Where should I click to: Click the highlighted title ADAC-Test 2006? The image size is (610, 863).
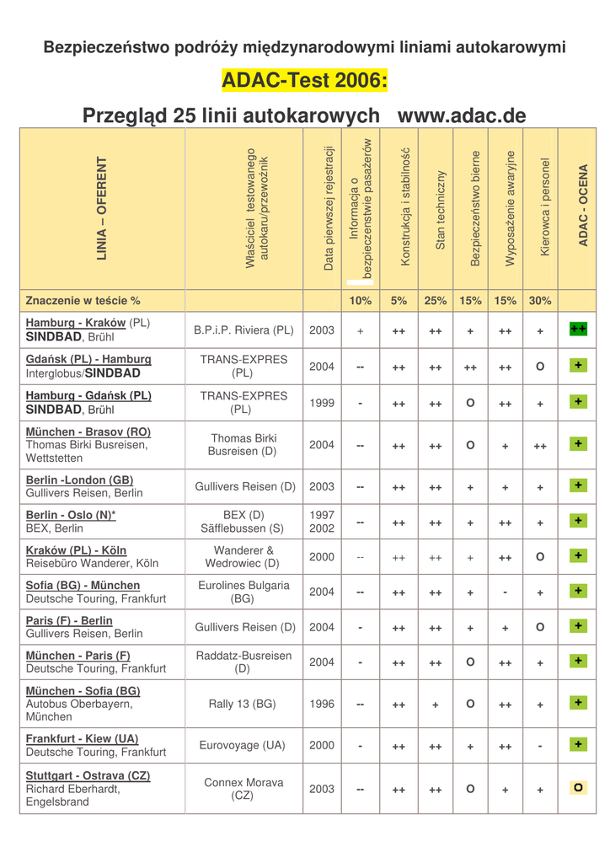(304, 81)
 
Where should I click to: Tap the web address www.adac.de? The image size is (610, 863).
(461, 115)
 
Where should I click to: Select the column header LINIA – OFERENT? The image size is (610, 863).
(102, 208)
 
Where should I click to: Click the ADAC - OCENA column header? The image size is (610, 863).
(583, 206)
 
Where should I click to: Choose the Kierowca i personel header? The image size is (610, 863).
(545, 207)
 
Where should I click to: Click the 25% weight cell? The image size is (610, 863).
(436, 300)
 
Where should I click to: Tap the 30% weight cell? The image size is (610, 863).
(540, 300)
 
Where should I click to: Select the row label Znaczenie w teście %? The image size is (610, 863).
(83, 300)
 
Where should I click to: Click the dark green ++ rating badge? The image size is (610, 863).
(578, 329)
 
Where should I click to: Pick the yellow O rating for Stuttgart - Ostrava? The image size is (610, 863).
(578, 787)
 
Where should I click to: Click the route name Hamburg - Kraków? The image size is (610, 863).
(76, 323)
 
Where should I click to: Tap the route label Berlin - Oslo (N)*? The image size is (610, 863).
(71, 515)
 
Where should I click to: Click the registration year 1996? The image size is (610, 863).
(322, 704)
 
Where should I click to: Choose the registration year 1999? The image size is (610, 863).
(322, 403)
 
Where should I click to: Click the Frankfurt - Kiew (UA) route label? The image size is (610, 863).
(83, 738)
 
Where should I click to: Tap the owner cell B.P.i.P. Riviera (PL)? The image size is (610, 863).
(243, 330)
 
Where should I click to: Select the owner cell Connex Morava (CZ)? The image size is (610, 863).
(243, 789)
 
